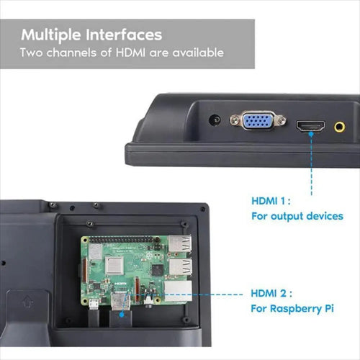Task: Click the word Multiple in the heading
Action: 51,35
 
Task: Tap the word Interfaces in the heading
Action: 124,35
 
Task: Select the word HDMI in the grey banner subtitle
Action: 130,53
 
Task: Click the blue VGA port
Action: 258,120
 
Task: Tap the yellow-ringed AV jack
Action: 339,127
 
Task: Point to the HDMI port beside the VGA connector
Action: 310,126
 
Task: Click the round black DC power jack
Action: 215,120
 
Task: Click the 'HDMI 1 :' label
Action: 271,201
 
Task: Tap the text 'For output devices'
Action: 297,216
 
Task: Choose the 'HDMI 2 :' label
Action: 271,293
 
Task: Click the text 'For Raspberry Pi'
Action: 292,309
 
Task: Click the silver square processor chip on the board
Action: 114,266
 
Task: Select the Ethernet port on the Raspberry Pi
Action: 178,292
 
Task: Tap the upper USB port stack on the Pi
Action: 180,243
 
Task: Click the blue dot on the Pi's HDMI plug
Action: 122,314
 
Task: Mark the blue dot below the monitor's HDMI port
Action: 311,134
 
